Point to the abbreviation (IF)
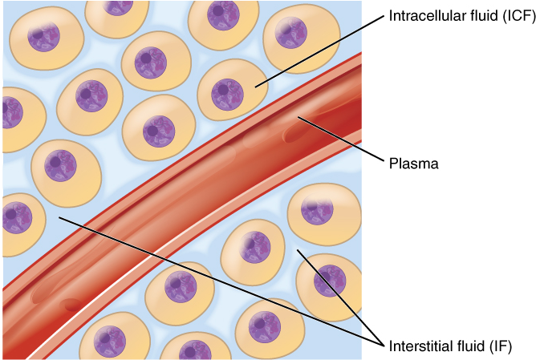(498, 346)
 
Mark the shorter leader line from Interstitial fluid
(337, 296)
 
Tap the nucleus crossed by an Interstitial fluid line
(329, 280)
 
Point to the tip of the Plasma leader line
(298, 118)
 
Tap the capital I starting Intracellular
(391, 17)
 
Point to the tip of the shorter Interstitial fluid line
(298, 250)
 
